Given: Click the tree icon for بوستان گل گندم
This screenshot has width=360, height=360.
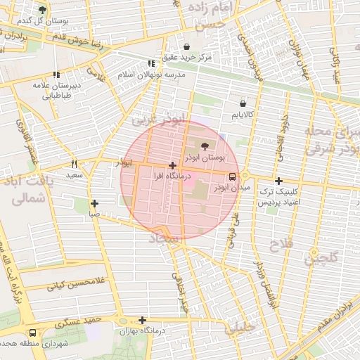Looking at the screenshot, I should (x=42, y=10).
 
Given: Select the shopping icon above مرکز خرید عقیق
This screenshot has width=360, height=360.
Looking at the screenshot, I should (x=186, y=46).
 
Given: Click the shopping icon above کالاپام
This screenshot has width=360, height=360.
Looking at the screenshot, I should (x=243, y=103).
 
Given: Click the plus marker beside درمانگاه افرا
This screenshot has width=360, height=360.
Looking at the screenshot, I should (x=172, y=166).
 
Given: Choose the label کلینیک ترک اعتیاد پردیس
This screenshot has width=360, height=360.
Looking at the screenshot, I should (x=280, y=196).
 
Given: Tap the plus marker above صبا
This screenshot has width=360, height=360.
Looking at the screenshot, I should (x=94, y=203).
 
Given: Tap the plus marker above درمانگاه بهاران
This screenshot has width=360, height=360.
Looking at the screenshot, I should (x=142, y=320).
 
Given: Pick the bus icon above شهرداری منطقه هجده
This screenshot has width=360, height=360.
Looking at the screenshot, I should (x=32, y=333).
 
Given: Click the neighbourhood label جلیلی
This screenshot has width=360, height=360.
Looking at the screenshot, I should (x=237, y=328).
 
